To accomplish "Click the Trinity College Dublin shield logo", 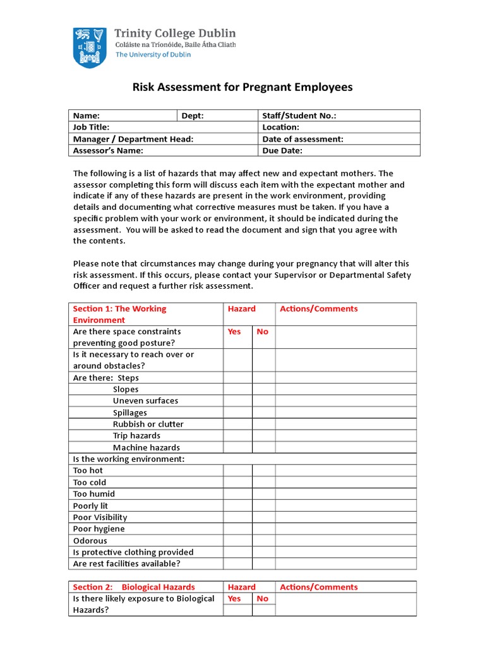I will click(x=90, y=47).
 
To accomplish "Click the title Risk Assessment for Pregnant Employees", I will click(x=242, y=87).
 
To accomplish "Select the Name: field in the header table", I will click(x=87, y=116).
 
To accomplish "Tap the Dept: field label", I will click(x=193, y=116).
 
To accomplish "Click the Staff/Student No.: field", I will click(x=299, y=116).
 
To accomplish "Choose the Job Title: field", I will click(x=92, y=127).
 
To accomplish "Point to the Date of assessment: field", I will click(x=302, y=139).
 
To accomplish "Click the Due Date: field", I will click(x=282, y=150).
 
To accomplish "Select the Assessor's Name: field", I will click(x=108, y=150).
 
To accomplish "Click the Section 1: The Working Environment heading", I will click(x=119, y=314).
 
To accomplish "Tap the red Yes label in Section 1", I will click(x=234, y=332).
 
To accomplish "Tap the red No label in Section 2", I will click(x=263, y=598).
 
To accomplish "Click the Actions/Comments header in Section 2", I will click(x=318, y=587).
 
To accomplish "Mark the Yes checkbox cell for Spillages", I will click(x=238, y=413).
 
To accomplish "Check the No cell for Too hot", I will click(x=264, y=471).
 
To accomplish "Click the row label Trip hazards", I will click(x=136, y=436).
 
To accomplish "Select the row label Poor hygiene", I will click(x=99, y=529).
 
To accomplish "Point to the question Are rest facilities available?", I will click(x=127, y=564).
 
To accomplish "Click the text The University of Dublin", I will click(x=153, y=54).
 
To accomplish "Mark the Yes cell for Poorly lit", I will click(x=238, y=505).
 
